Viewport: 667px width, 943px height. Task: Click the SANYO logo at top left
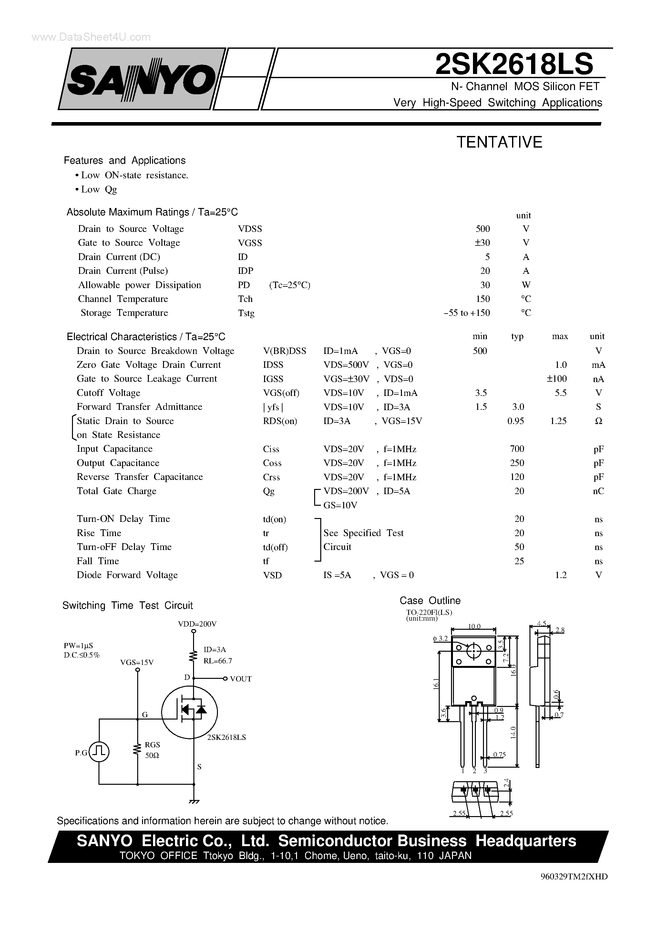[142, 79]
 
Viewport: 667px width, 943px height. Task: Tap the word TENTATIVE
[499, 142]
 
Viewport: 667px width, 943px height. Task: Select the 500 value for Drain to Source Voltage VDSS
[483, 229]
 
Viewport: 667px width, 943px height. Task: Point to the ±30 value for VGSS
[482, 243]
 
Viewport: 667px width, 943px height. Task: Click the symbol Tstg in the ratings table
[246, 313]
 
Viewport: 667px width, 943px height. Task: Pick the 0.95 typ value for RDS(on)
[516, 421]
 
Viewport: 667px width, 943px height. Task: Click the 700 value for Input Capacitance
[517, 449]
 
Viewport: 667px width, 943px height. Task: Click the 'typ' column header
[517, 337]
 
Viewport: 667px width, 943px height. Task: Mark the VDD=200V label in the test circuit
[197, 624]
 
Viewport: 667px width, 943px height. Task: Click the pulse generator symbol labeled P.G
[99, 751]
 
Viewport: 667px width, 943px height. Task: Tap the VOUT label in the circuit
[241, 679]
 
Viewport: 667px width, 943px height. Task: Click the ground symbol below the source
[194, 801]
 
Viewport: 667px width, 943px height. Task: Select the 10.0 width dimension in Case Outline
[474, 626]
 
